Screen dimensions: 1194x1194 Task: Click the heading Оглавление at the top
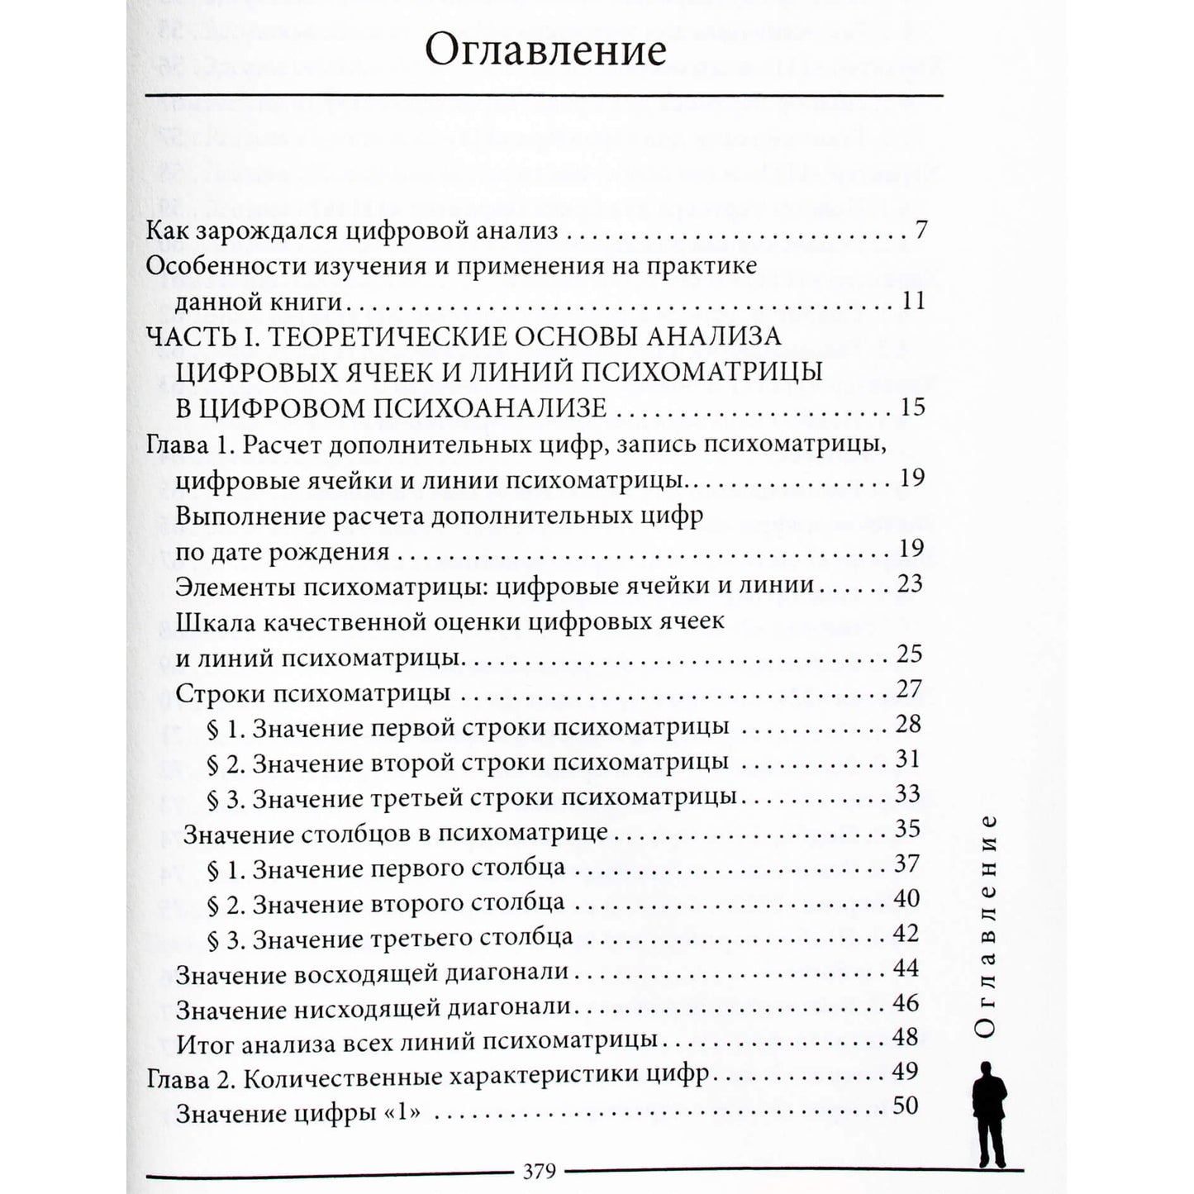point(545,51)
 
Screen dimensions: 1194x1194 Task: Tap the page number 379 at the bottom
point(539,1171)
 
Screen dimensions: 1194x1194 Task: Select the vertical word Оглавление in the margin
point(988,925)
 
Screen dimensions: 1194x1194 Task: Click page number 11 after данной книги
point(913,301)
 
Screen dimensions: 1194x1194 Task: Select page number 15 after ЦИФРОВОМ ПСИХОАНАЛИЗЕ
point(908,407)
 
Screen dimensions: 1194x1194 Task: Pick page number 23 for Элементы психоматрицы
point(909,584)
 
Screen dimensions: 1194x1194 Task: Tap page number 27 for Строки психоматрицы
point(908,689)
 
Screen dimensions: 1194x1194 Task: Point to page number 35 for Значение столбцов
point(907,829)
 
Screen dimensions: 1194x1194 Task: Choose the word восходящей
point(352,973)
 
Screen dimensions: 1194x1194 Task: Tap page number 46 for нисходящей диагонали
point(906,1003)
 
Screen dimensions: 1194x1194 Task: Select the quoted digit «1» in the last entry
point(402,1114)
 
